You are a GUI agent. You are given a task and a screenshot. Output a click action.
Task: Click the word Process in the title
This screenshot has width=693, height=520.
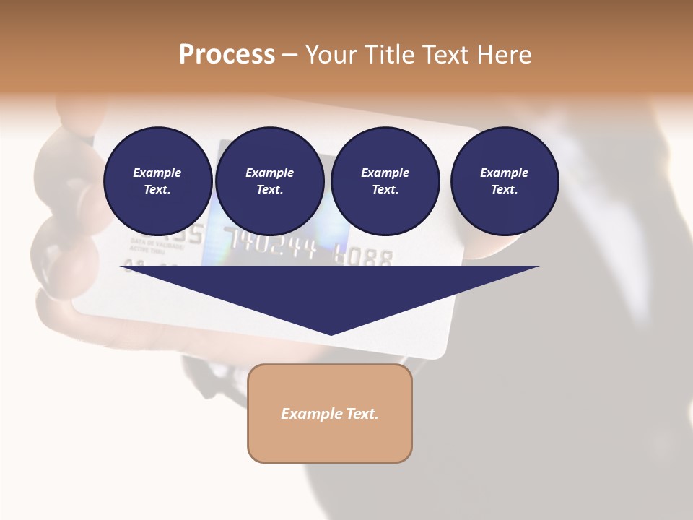(227, 55)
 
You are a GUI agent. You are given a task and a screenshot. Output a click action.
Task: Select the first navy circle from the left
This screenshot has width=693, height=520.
(157, 181)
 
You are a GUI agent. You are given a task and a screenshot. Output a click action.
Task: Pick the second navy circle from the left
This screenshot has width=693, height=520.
(269, 181)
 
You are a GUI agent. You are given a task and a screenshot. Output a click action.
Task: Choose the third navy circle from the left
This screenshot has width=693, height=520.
(385, 181)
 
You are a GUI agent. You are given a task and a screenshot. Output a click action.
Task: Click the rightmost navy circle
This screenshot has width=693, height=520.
(505, 181)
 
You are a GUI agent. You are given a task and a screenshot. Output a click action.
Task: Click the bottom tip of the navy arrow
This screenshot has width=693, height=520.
(331, 334)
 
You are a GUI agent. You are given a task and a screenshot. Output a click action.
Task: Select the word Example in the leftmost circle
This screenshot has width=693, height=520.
(157, 173)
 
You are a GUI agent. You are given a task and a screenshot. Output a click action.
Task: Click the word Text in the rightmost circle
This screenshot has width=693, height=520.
(504, 190)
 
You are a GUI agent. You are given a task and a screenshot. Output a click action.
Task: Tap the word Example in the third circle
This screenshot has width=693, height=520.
(385, 173)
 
